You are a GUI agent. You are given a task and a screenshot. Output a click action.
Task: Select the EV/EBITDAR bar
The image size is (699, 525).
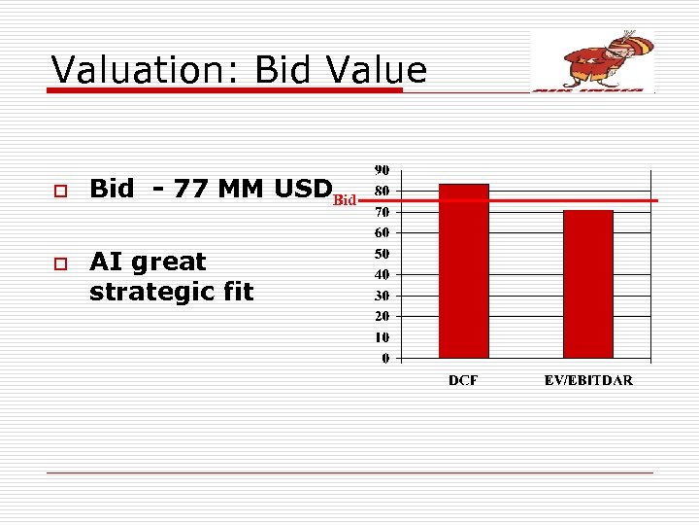tap(588, 284)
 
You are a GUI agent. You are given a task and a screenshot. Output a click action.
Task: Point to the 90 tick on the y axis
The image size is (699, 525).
tap(383, 169)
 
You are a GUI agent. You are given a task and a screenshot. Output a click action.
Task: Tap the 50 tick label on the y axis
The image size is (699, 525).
tap(383, 254)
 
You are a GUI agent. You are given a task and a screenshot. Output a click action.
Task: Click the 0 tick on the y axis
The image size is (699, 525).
tap(385, 359)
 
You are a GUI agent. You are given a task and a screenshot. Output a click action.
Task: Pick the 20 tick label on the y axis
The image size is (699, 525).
tap(383, 317)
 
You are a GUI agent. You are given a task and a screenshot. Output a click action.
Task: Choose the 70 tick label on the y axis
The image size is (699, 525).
tap(383, 211)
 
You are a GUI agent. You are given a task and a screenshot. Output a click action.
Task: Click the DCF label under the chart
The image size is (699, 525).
tap(463, 380)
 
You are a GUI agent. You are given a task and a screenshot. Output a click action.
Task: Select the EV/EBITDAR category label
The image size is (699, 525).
tap(588, 380)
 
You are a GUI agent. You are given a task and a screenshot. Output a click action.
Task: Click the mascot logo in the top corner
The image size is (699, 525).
tap(593, 61)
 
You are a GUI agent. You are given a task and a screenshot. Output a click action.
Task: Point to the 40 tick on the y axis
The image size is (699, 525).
tap(383, 275)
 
